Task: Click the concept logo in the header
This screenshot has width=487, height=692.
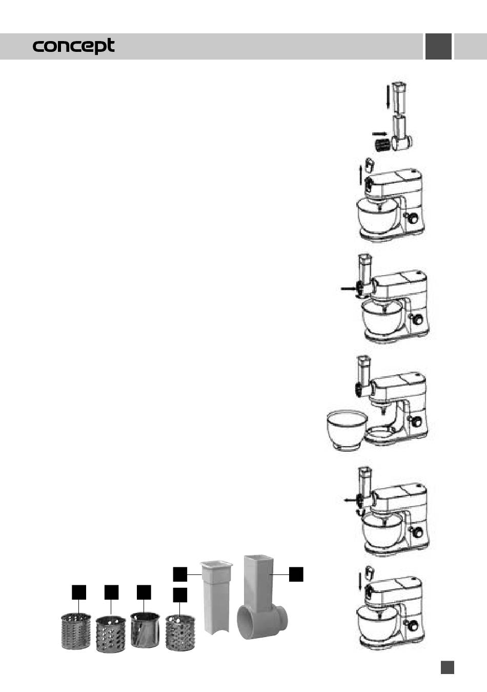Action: (x=73, y=46)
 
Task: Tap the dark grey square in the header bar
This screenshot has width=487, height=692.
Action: (x=438, y=46)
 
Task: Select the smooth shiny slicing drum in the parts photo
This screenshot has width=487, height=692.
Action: (x=145, y=630)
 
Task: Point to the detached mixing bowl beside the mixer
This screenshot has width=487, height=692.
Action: (x=347, y=430)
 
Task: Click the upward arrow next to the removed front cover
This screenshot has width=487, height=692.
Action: (x=360, y=175)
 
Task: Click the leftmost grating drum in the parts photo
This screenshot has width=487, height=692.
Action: (x=76, y=631)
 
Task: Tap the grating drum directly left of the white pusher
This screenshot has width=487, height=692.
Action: (x=180, y=633)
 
